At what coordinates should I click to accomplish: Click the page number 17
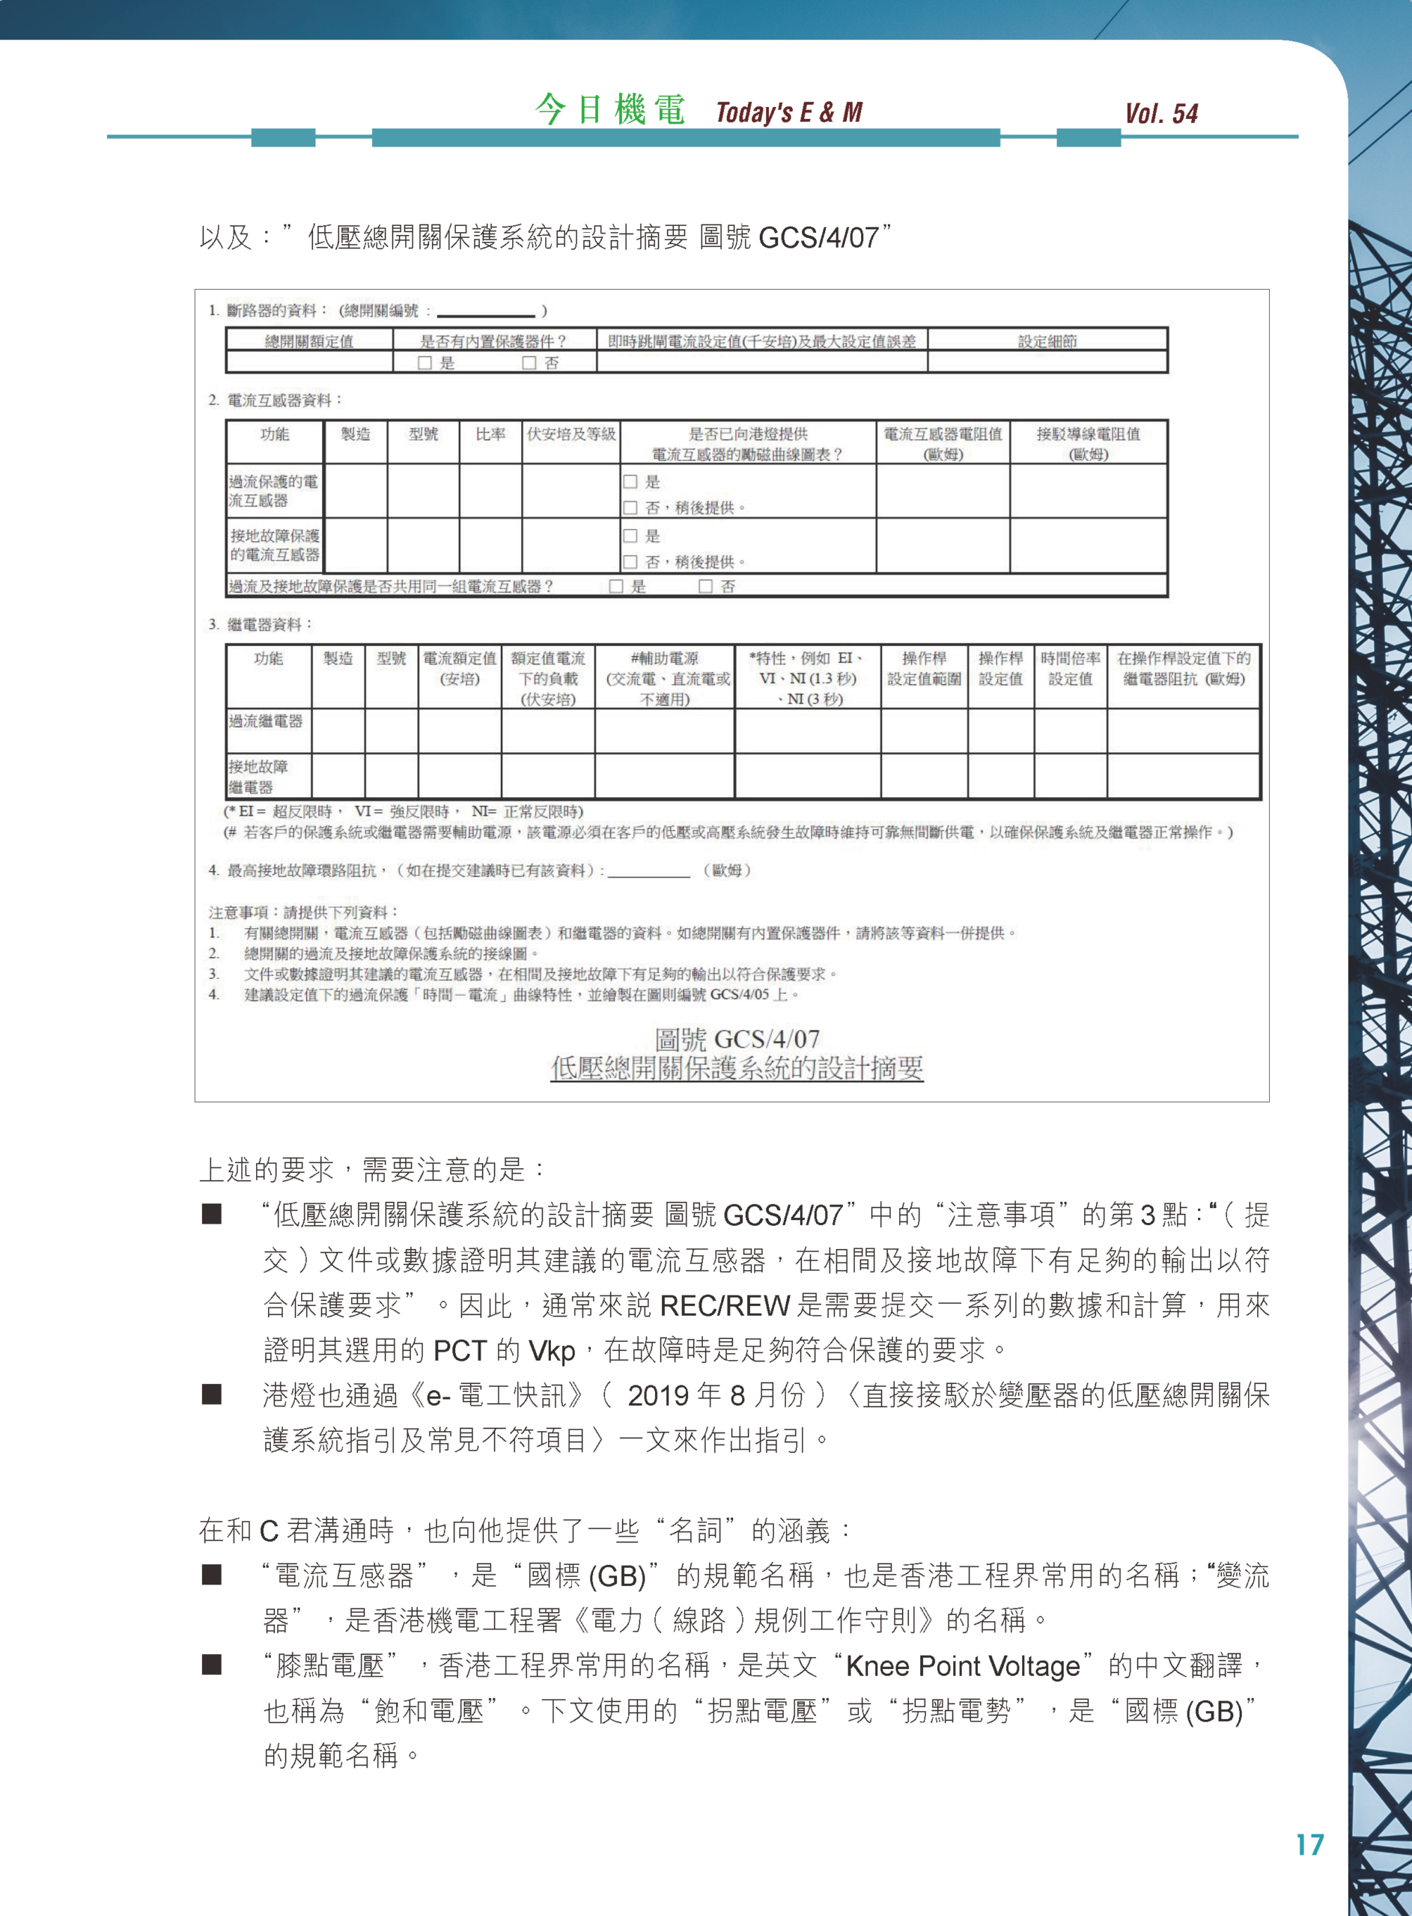point(1309,1844)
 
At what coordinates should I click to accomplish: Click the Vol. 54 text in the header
point(1160,114)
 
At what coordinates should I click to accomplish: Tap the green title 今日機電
point(609,110)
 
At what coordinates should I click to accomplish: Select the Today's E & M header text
point(789,112)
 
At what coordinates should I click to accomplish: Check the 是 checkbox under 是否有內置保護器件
point(424,363)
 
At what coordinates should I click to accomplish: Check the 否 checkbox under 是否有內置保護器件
point(529,363)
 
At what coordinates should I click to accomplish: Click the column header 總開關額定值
point(308,341)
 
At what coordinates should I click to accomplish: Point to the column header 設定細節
point(1047,341)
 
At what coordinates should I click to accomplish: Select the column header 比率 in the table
point(490,434)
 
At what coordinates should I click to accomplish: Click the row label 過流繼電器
point(266,721)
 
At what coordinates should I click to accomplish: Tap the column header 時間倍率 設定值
point(1070,668)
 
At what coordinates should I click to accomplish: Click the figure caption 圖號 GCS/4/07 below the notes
point(737,1039)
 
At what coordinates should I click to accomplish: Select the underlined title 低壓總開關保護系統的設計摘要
point(737,1068)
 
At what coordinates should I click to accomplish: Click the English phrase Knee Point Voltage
point(962,1667)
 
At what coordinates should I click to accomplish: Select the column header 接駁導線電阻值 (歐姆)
point(1088,443)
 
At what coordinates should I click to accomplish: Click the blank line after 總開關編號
point(485,313)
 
